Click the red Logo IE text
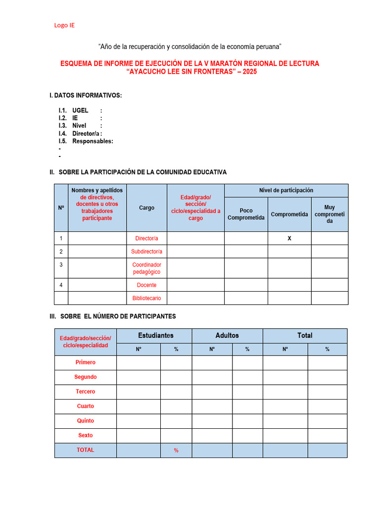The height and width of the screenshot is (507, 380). (64, 25)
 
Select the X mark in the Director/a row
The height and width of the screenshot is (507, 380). (289, 238)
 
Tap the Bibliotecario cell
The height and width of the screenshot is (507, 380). (146, 298)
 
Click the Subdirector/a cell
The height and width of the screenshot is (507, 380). (146, 252)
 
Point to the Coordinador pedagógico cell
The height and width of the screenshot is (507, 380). (146, 268)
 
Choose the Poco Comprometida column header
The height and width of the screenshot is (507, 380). (246, 214)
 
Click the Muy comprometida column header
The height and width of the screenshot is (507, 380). (330, 214)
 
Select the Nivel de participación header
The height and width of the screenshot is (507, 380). (286, 191)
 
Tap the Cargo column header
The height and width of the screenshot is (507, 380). (146, 208)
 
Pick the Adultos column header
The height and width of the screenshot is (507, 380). (227, 336)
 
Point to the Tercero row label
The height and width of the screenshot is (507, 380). (85, 392)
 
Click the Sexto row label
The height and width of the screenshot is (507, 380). (85, 436)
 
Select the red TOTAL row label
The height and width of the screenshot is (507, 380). (85, 450)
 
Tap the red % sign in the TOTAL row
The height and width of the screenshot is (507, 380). (176, 451)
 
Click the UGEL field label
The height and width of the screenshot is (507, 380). (80, 110)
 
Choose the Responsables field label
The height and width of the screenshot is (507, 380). (93, 141)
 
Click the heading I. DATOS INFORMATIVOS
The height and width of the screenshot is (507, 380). (85, 95)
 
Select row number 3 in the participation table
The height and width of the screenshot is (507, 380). (61, 265)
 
